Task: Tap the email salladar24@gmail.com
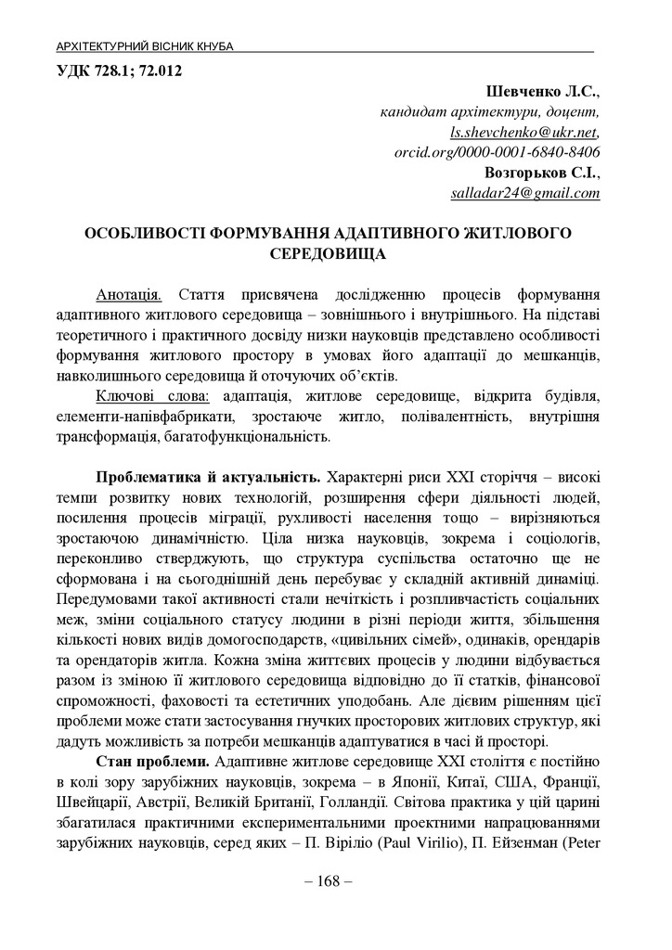click(524, 193)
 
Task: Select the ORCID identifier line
click(497, 152)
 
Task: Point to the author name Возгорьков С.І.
click(542, 173)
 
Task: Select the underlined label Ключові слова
click(149, 396)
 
